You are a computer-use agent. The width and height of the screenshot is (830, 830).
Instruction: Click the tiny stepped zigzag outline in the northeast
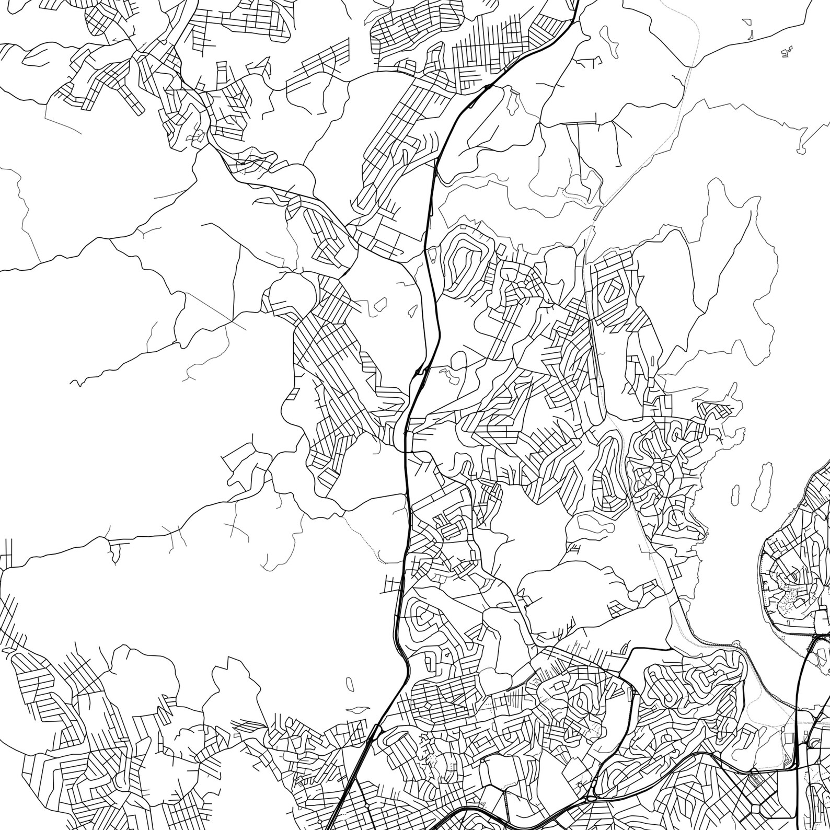tap(786, 52)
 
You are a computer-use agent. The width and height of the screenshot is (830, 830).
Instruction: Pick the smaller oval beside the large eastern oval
tap(734, 493)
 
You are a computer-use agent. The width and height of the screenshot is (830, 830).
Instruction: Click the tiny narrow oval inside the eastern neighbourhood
tap(654, 361)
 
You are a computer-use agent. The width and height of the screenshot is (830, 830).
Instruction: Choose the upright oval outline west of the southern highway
tap(350, 682)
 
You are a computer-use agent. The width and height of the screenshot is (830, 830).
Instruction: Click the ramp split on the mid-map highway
tap(418, 372)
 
